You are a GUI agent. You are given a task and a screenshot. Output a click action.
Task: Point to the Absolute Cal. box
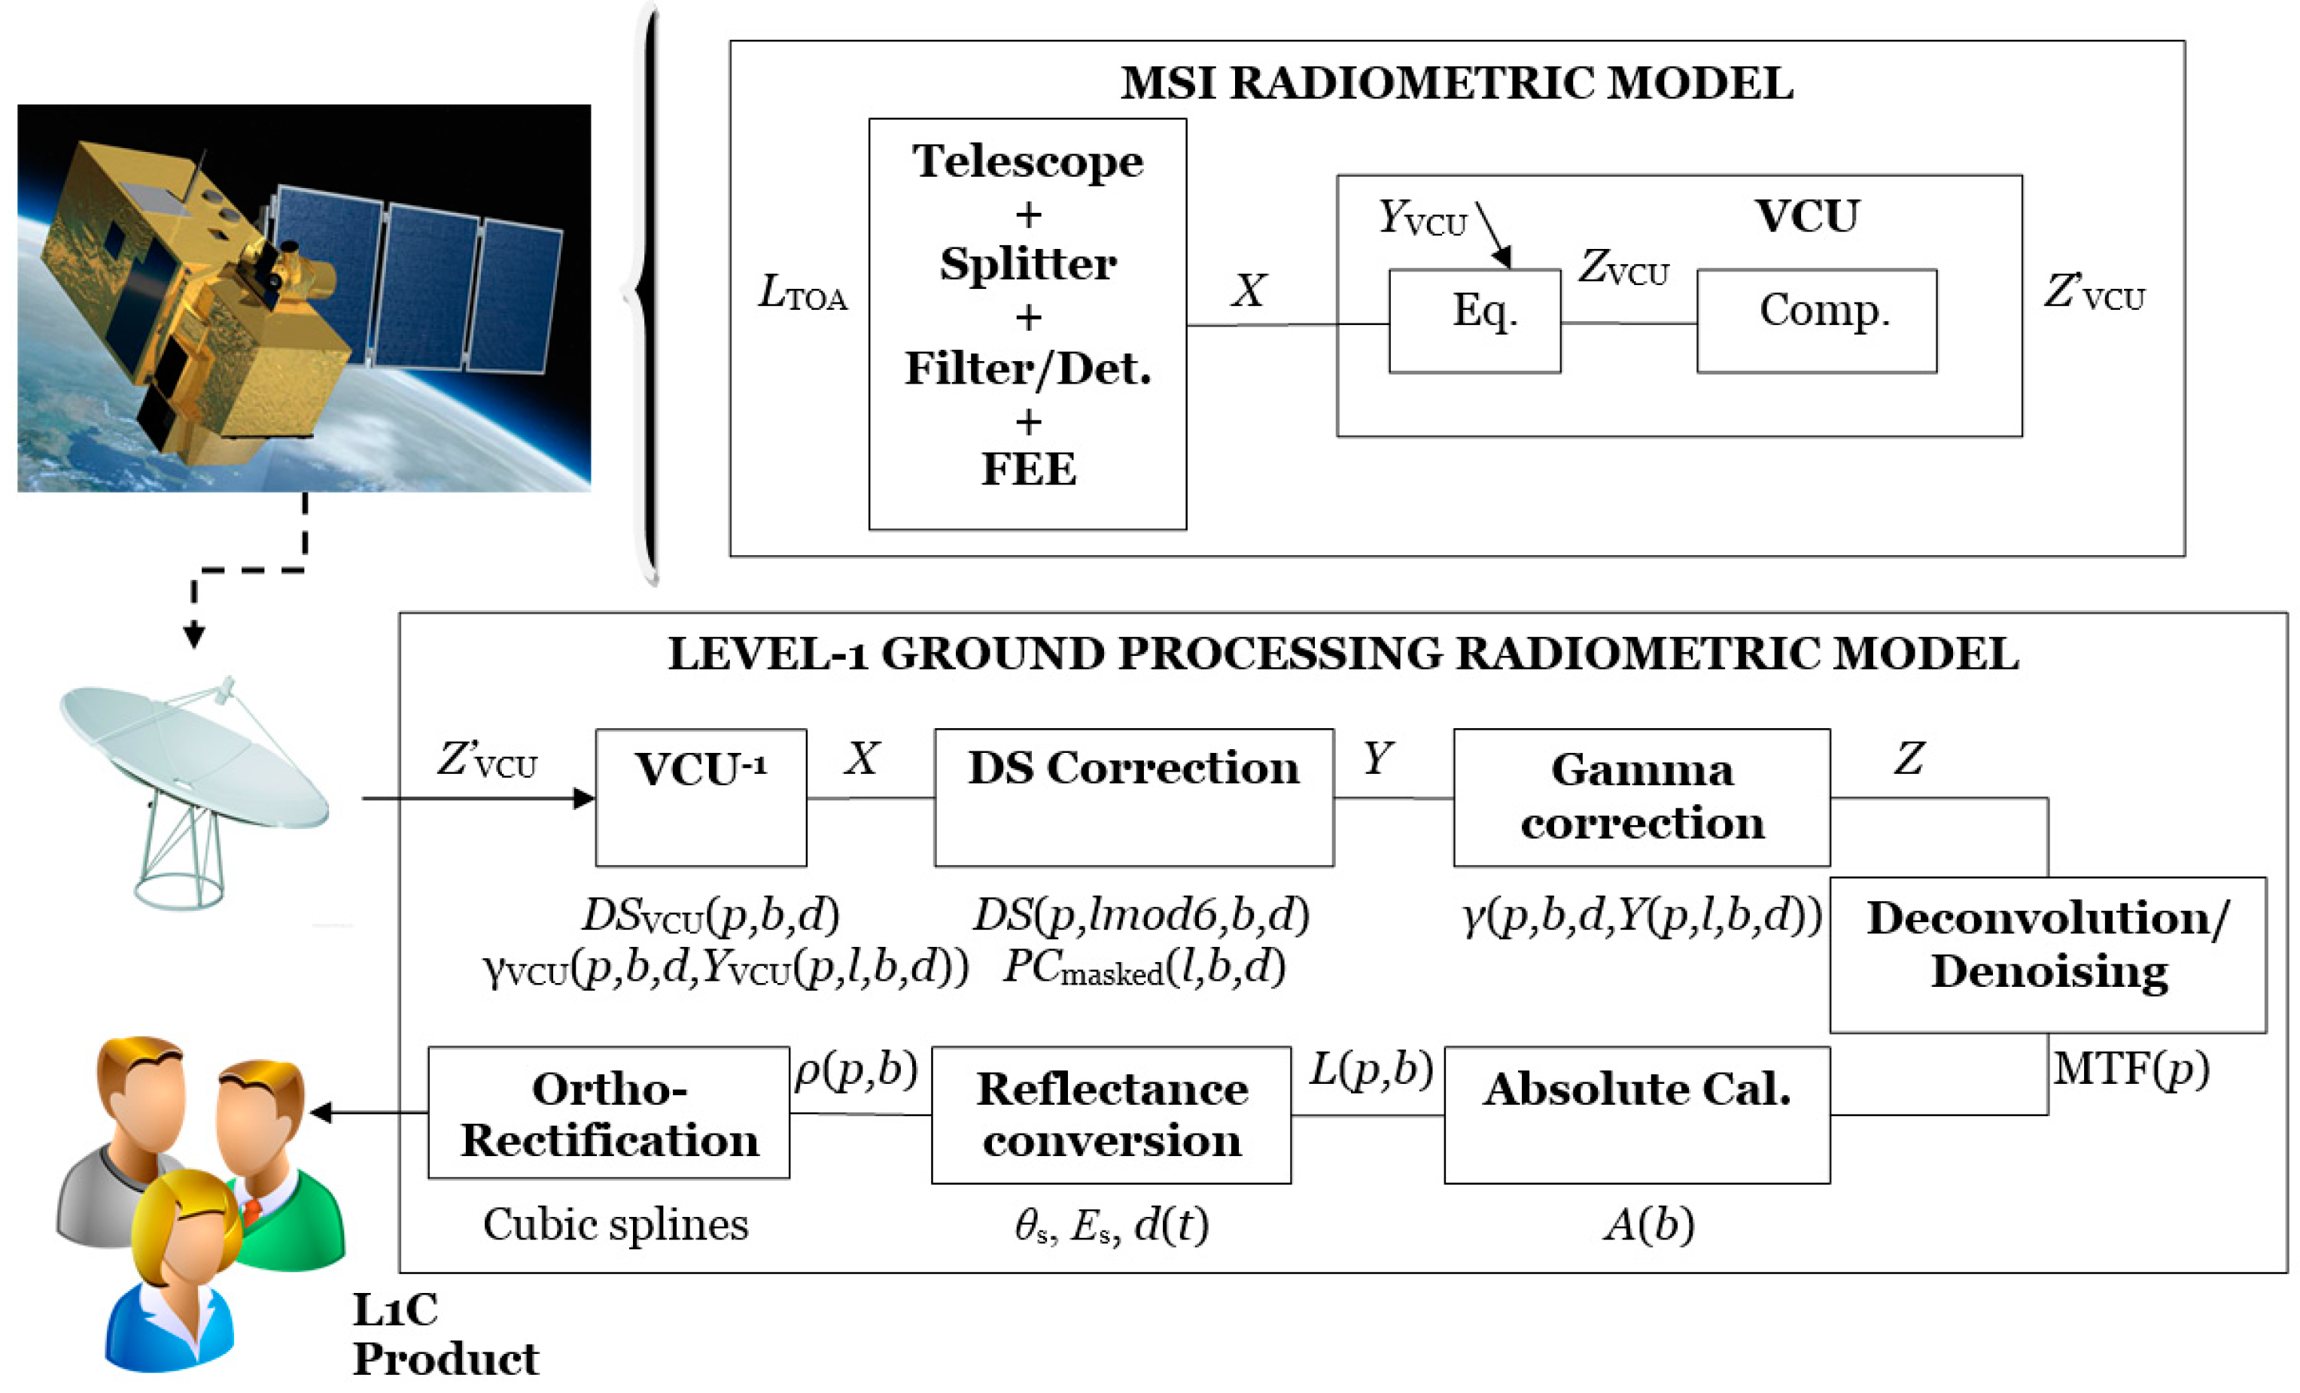(1636, 1114)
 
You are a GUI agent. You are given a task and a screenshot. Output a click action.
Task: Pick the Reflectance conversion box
(1111, 1114)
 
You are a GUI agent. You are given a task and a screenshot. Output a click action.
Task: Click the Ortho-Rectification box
(609, 1112)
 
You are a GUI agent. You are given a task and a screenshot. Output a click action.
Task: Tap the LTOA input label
(802, 293)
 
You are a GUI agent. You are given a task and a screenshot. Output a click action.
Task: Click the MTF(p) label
(2130, 1068)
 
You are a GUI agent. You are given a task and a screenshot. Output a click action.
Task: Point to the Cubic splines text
(615, 1224)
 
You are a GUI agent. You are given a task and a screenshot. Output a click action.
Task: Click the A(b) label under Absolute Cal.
(1648, 1224)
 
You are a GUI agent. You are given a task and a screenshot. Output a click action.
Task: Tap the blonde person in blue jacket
(178, 1278)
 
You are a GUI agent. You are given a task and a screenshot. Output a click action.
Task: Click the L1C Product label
(443, 1334)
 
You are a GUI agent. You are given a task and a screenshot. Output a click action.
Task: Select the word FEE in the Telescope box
(1028, 469)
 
